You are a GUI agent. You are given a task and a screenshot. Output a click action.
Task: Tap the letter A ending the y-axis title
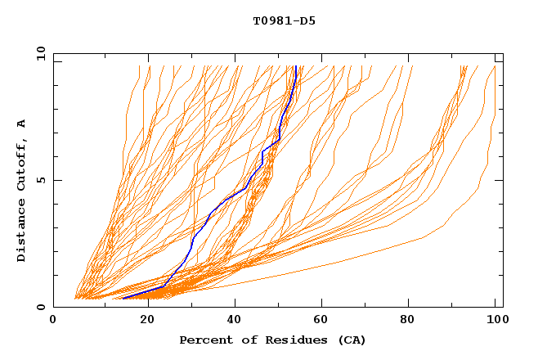(x=22, y=124)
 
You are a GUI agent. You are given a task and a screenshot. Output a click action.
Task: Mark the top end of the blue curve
(x=295, y=65)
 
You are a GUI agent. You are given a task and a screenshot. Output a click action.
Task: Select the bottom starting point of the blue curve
(x=123, y=298)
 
